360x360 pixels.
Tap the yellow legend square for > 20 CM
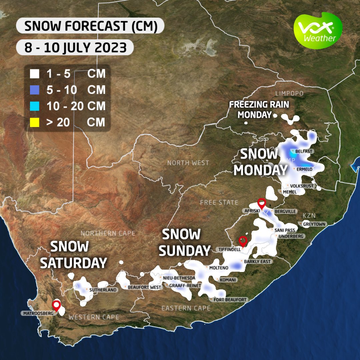point(34,122)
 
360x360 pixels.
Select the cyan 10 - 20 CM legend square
point(34,106)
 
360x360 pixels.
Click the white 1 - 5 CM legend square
point(34,74)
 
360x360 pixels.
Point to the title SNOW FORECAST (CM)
point(90,26)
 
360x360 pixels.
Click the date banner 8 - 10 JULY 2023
point(75,48)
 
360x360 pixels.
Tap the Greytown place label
point(314,224)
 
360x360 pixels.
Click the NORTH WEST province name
point(188,163)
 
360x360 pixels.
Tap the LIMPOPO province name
point(289,94)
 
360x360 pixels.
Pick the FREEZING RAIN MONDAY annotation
point(259,110)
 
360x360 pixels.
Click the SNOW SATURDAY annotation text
point(73,255)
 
